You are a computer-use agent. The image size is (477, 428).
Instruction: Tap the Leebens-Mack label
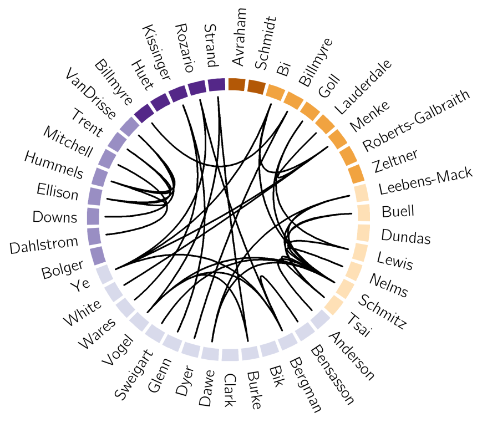click(x=425, y=182)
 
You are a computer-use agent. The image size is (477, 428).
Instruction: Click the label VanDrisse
click(x=90, y=94)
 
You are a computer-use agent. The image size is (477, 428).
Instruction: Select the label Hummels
click(x=53, y=165)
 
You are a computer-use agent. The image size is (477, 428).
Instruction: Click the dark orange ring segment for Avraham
click(x=236, y=84)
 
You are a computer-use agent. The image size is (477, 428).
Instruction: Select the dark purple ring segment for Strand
click(x=216, y=85)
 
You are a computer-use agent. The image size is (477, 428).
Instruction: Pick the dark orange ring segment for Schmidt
click(x=256, y=86)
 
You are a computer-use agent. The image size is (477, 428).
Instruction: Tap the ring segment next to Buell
click(x=363, y=212)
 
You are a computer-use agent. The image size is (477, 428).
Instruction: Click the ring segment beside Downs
click(x=93, y=216)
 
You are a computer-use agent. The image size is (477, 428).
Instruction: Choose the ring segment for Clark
click(x=229, y=354)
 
